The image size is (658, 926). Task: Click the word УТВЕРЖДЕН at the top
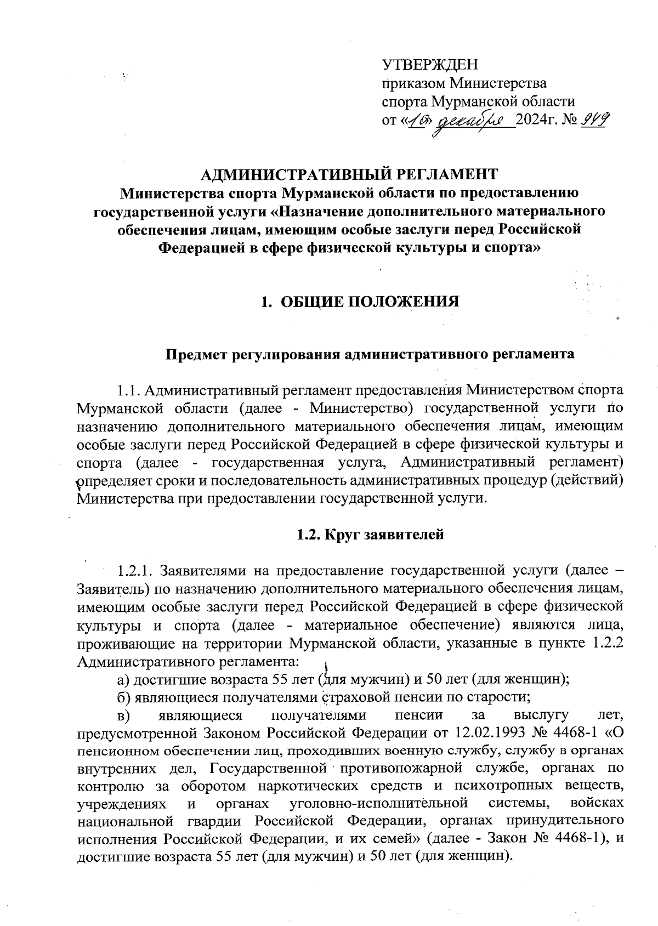[430, 65]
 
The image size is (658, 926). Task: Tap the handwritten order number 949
[593, 119]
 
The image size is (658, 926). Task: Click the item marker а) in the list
[123, 680]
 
